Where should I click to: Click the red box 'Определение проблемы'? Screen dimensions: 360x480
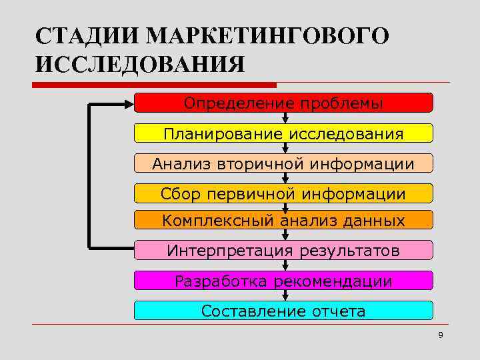coord(283,103)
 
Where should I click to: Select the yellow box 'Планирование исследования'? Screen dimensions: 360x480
coord(283,133)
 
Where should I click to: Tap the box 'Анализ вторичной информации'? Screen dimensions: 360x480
coord(283,163)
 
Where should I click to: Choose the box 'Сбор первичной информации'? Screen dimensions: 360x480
coord(283,193)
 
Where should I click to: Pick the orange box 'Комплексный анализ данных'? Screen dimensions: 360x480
coord(283,220)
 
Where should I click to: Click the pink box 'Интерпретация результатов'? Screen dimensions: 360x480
coord(283,250)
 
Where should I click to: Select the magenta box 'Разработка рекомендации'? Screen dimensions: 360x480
coord(283,281)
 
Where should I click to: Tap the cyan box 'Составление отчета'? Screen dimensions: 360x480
coord(283,311)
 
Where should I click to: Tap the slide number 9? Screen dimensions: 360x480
coord(440,335)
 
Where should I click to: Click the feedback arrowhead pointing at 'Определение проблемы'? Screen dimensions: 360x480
coord(128,103)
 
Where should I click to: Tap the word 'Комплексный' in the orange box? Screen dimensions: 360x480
coord(219,220)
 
